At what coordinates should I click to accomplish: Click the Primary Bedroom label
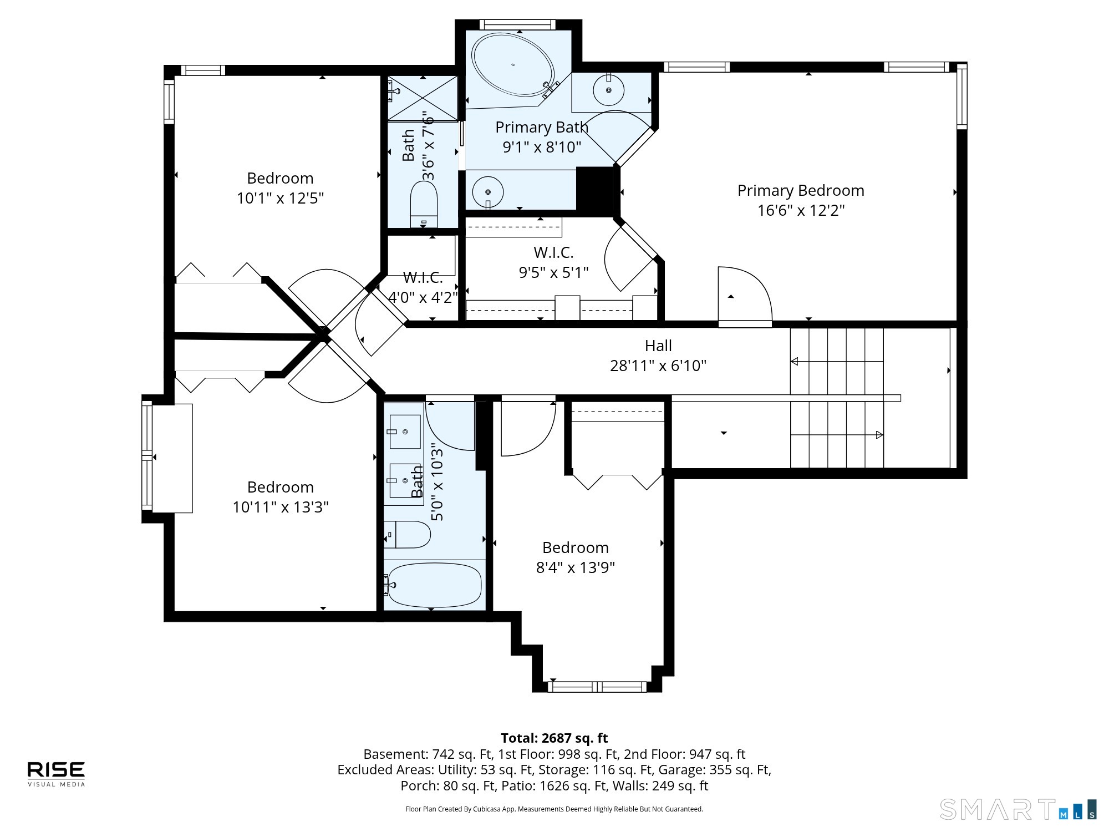click(801, 190)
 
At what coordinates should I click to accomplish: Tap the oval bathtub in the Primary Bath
click(513, 65)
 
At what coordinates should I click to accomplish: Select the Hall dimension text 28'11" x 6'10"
click(658, 366)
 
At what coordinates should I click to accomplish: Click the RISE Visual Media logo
click(57, 774)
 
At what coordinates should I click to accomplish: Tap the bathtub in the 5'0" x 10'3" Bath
click(434, 585)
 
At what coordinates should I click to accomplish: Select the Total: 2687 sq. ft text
click(554, 738)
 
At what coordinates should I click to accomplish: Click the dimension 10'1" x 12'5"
click(280, 198)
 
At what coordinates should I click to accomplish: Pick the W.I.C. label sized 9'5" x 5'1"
click(553, 252)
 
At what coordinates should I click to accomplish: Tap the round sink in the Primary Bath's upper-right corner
click(608, 89)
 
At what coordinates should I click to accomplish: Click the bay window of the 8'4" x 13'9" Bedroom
click(597, 687)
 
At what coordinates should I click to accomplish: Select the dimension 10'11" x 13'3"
click(281, 507)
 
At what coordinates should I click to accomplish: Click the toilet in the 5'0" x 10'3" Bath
click(408, 535)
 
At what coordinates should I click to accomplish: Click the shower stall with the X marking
click(423, 98)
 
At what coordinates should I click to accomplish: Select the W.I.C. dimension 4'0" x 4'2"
click(423, 297)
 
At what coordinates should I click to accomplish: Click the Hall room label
click(658, 346)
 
